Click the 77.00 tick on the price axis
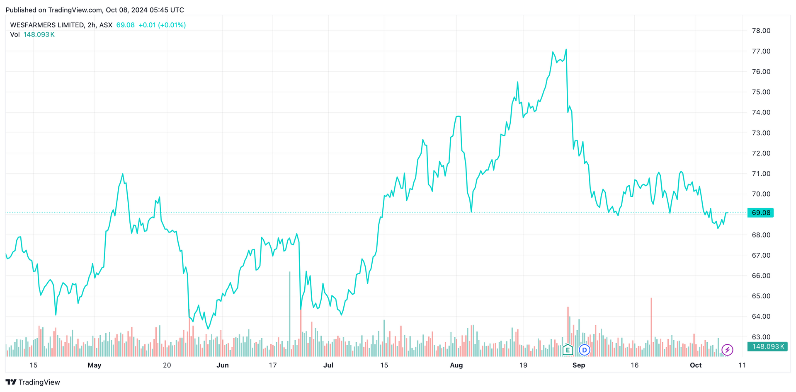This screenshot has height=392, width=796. (761, 51)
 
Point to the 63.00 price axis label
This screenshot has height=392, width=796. (761, 337)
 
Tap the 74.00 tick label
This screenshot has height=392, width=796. (761, 112)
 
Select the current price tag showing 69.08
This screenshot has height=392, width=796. (761, 213)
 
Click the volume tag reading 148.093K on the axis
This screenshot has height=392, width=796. (767, 346)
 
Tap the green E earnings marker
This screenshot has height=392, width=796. (568, 350)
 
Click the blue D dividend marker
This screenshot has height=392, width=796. (585, 350)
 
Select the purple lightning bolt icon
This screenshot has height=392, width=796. (727, 350)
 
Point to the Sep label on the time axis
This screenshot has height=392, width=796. (579, 365)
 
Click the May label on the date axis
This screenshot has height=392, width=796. (95, 365)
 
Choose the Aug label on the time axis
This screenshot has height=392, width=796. (456, 365)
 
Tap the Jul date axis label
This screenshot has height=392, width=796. (328, 365)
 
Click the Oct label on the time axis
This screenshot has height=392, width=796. (696, 365)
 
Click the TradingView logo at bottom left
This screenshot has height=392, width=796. (33, 382)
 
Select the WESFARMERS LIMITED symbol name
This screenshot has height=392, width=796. (47, 25)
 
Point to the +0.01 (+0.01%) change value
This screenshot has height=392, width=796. (162, 25)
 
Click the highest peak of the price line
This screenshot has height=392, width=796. (566, 50)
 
